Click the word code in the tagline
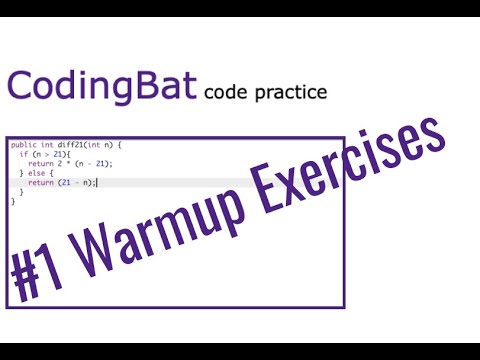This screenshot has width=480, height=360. (223, 93)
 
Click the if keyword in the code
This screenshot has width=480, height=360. (23, 155)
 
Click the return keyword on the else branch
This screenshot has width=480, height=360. (40, 182)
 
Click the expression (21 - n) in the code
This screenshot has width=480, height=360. (75, 182)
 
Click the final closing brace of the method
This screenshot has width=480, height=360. (13, 200)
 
